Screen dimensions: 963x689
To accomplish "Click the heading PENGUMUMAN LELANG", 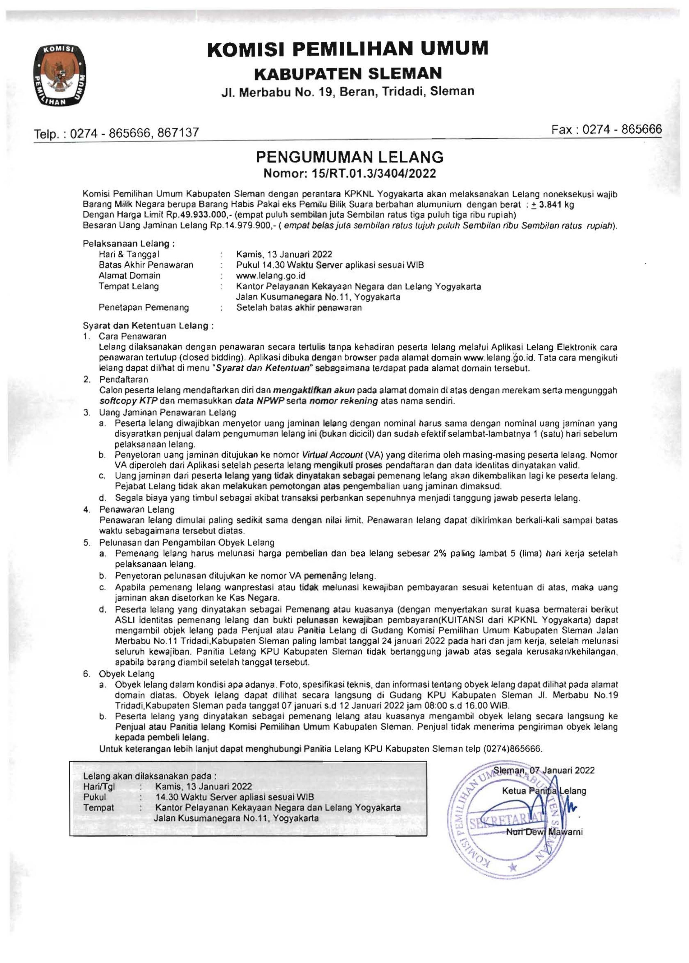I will [350, 157].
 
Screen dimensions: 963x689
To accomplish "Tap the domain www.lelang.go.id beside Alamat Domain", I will [271, 276].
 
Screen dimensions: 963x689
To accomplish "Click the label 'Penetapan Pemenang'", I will [143, 308].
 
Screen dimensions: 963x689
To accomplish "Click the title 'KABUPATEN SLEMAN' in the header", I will [347, 73].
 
